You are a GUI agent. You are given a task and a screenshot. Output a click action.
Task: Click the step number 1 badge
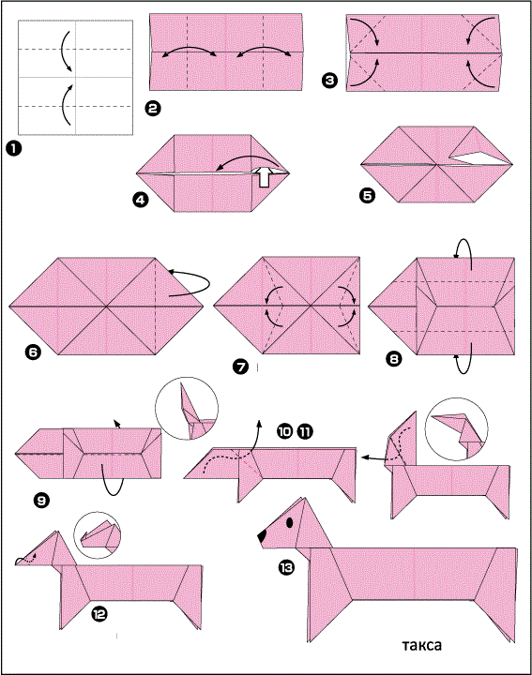(13, 149)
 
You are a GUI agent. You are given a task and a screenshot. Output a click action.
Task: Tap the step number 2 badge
(153, 108)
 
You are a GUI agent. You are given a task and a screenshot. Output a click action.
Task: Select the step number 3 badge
(329, 81)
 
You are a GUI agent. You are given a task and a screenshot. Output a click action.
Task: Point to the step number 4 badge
(141, 200)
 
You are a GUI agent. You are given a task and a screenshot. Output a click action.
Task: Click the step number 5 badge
(367, 196)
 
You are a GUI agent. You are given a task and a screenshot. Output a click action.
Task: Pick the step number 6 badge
(33, 352)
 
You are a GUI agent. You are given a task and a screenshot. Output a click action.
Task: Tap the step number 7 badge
(240, 367)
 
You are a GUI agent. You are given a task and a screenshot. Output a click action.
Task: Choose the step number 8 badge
(394, 358)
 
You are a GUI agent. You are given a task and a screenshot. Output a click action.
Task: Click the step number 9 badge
(41, 501)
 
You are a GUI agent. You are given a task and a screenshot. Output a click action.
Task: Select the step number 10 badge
(284, 431)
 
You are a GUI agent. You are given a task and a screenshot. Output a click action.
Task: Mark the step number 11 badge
(305, 431)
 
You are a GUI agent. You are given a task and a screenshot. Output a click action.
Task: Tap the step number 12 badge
(99, 614)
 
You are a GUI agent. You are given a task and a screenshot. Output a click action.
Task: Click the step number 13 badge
(286, 568)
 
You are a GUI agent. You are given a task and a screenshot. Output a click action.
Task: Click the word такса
(421, 645)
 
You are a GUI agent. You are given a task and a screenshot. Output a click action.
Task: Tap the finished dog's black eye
(290, 522)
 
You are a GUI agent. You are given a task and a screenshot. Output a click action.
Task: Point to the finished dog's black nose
(262, 536)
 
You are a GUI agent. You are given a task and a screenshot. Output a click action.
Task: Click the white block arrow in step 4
(265, 177)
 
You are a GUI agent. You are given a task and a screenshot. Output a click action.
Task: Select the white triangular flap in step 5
(479, 157)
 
